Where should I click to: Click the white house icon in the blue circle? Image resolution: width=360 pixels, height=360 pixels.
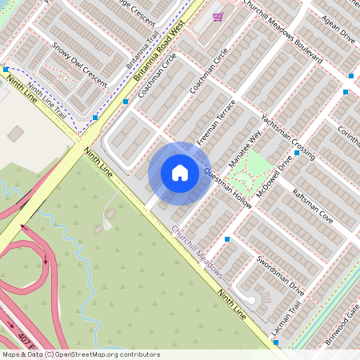(x=180, y=173)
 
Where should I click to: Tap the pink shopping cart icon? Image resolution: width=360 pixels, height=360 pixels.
(x=218, y=16)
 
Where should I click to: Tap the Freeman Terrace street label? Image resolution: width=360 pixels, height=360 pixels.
(x=215, y=122)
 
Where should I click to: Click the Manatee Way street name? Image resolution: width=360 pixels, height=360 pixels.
(x=250, y=150)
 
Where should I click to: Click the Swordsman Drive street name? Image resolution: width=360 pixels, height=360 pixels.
(x=280, y=274)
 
